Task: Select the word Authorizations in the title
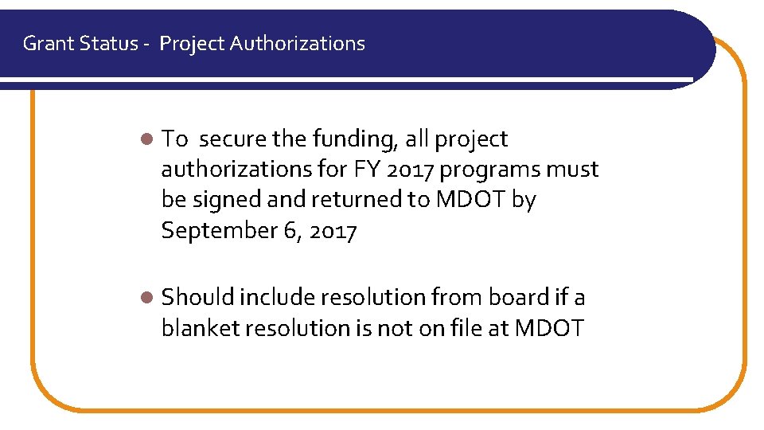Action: [x=298, y=44]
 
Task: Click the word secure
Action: [x=232, y=139]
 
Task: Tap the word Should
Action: [x=197, y=298]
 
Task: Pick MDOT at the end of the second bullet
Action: [x=550, y=328]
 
